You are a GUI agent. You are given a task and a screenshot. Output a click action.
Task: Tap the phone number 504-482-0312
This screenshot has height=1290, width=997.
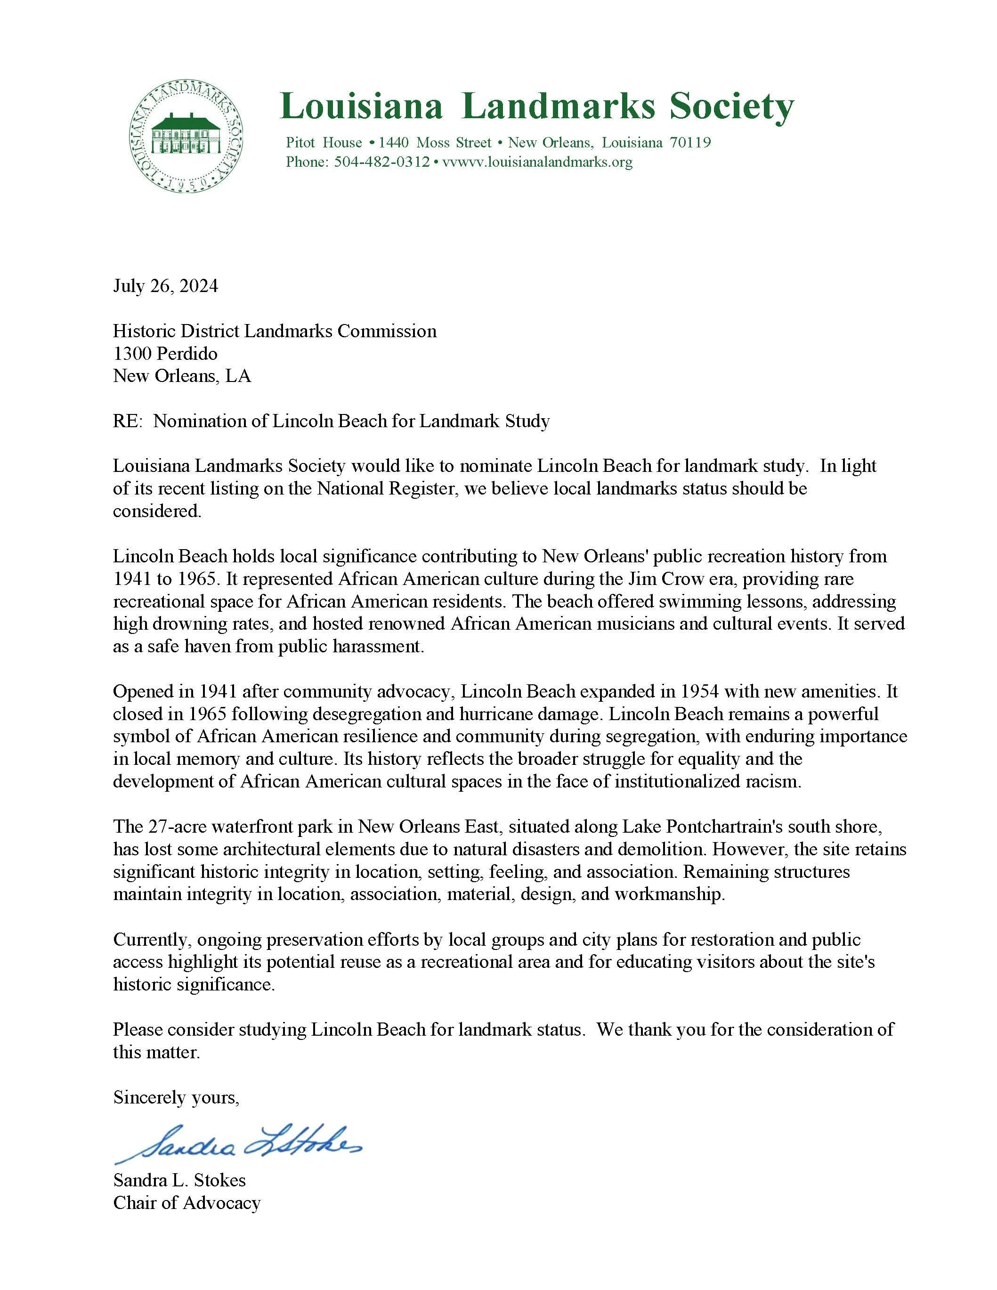(381, 162)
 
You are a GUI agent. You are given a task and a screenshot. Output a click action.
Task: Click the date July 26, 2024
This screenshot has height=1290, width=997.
(165, 286)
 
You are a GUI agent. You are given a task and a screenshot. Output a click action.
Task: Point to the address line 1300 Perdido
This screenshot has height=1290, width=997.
(165, 353)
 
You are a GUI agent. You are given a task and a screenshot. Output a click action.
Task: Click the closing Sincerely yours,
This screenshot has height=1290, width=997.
(176, 1097)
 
